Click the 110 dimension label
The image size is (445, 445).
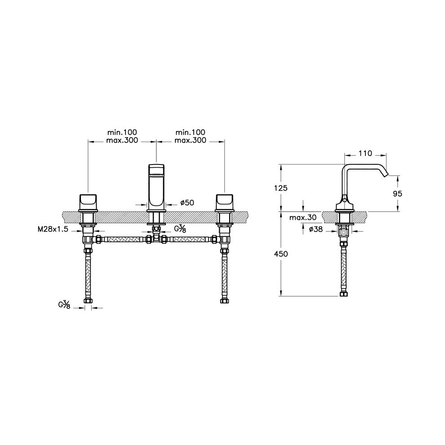coord(365,154)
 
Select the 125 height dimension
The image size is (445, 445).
coord(281,188)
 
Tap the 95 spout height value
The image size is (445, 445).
coord(398,194)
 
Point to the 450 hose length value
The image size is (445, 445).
coord(281,254)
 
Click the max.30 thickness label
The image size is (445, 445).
coord(303,218)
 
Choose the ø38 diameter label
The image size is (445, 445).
coord(316,229)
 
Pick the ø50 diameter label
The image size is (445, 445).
coord(187,203)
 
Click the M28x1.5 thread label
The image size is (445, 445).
coord(53,229)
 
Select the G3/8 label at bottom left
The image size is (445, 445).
coord(64,305)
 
